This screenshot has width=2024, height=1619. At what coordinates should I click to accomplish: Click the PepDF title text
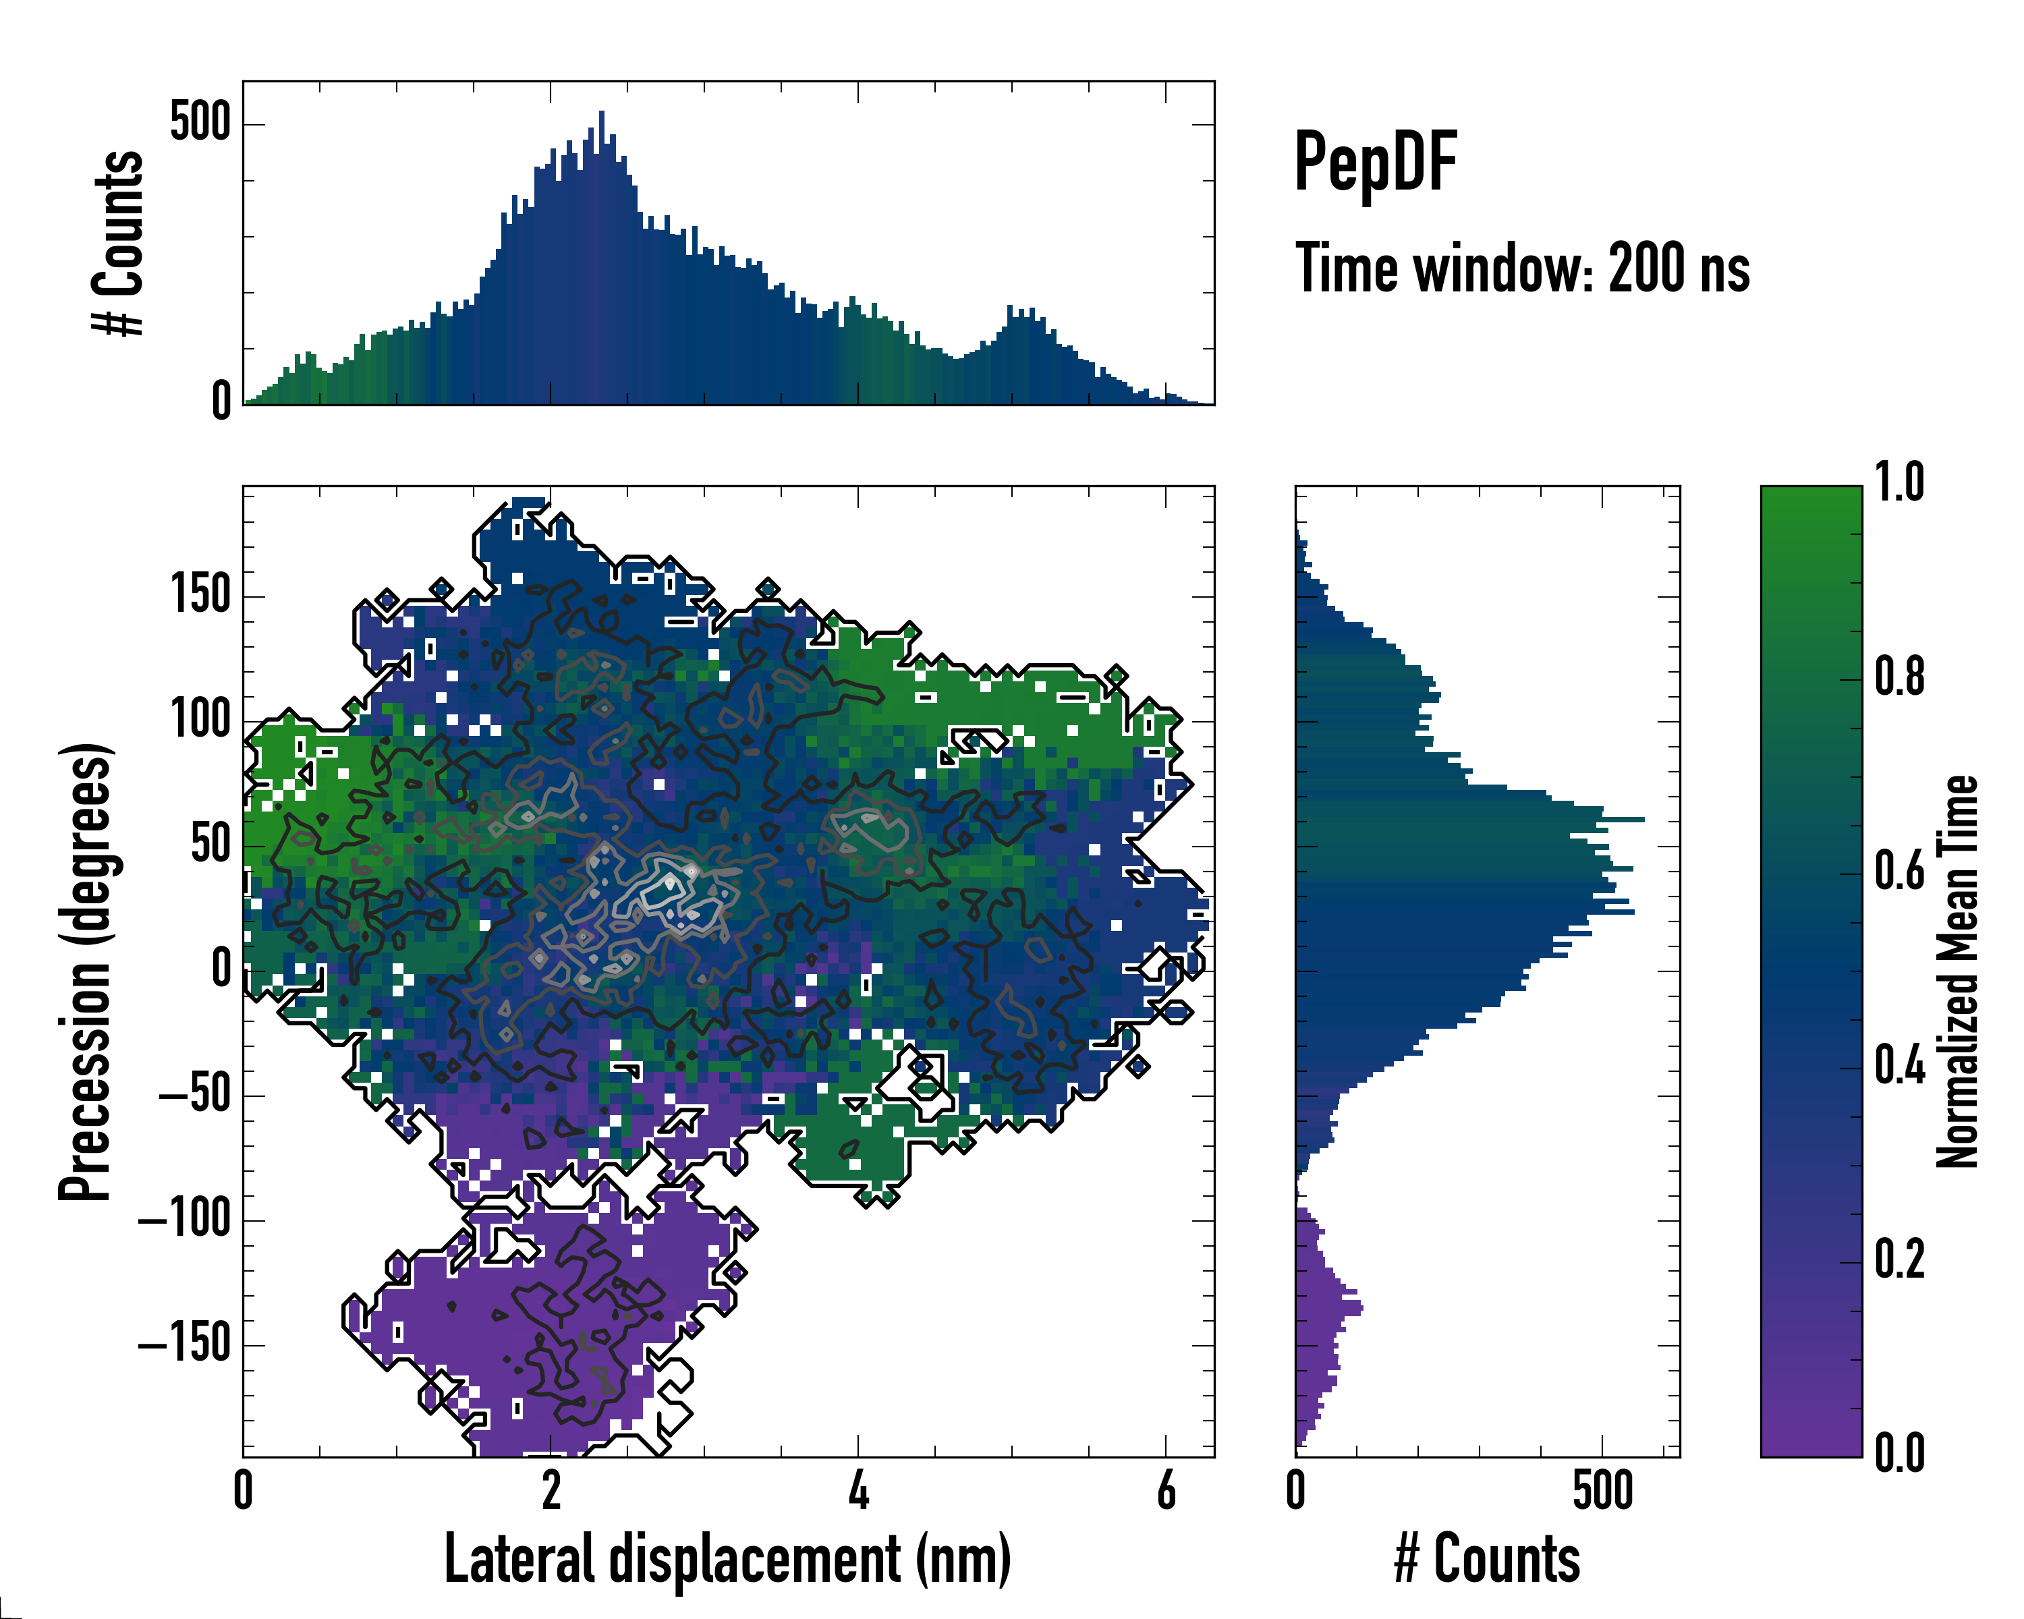point(1375,163)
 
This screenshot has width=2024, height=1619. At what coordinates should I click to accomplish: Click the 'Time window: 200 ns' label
point(1522,269)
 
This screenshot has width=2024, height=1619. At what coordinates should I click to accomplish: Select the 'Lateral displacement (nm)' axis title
point(727,1559)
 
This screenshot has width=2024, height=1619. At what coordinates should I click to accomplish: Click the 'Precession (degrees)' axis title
point(86,971)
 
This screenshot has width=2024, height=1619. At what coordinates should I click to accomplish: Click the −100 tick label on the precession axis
point(185,1220)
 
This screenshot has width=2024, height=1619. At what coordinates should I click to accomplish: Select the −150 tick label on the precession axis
point(185,1345)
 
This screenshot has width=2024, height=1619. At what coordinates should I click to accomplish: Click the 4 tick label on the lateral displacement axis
point(858,1490)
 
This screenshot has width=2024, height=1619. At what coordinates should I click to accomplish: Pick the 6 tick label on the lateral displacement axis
point(1166,1490)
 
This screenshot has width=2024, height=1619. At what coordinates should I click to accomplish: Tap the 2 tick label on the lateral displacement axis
point(551,1490)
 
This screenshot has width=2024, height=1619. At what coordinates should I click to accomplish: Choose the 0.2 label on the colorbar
point(1899,1259)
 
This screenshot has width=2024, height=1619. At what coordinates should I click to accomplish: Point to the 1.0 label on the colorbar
point(1899,484)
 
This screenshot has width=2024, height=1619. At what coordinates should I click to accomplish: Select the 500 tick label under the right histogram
point(1602,1490)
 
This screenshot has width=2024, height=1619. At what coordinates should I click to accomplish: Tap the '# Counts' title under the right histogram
point(1487,1559)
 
